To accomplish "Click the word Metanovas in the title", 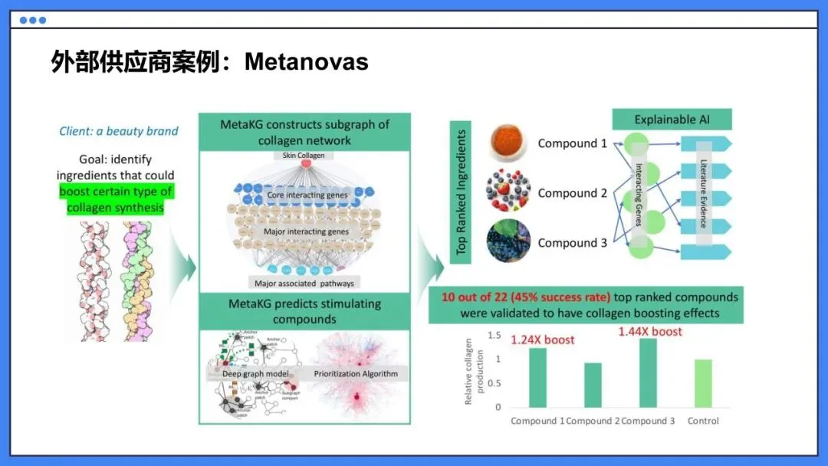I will [307, 61].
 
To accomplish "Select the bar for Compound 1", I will [537, 377].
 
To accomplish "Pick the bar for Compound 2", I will [593, 385].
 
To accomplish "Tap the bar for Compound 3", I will [648, 372].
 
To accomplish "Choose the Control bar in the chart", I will [703, 383].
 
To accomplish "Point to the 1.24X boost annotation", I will [542, 340].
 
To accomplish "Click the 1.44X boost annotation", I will [650, 331].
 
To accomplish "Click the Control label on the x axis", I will [703, 420].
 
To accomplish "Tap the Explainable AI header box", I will [671, 120].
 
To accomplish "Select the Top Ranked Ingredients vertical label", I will [461, 192].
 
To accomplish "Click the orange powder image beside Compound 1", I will [508, 144].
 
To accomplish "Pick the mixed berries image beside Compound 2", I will [508, 192].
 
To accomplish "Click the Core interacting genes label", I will [307, 195].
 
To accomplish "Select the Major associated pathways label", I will [304, 284].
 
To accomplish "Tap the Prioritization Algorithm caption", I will [356, 374].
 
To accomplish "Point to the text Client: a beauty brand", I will [119, 131].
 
